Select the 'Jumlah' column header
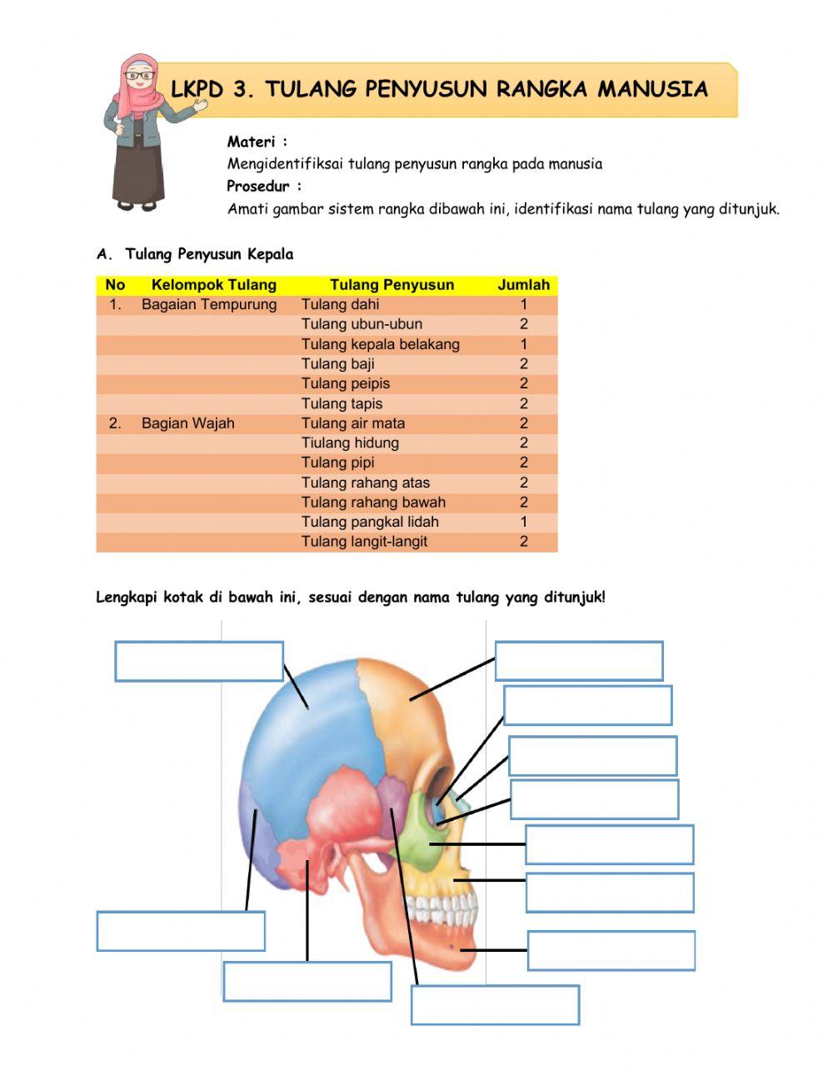[523, 285]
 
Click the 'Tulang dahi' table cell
[340, 305]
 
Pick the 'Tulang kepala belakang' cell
[380, 344]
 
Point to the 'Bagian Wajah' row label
[187, 423]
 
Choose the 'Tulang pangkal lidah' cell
[370, 522]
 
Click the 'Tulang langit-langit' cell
[364, 542]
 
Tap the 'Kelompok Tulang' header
[213, 285]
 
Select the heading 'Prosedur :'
[264, 186]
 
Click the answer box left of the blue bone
[199, 662]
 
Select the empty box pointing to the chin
[611, 951]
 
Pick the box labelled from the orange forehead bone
[579, 661]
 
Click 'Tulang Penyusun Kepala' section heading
[208, 254]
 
